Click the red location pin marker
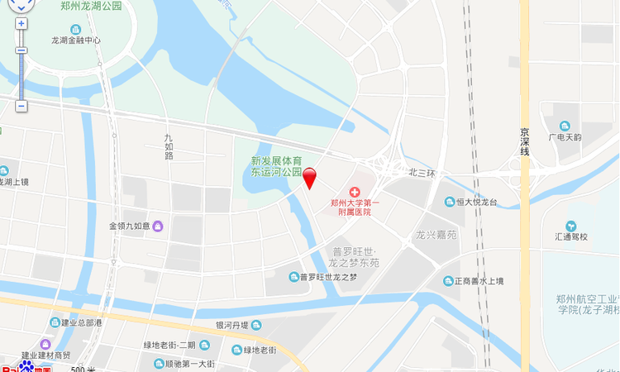click(x=310, y=177)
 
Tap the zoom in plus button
click(x=21, y=23)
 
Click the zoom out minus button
click(x=21, y=106)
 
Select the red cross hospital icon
click(x=355, y=191)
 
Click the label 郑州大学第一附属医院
click(x=355, y=207)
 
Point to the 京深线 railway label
click(x=524, y=141)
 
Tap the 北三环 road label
click(x=422, y=173)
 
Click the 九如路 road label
click(x=169, y=149)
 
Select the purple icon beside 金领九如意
click(x=158, y=226)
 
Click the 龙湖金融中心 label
click(x=76, y=40)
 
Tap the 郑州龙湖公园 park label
click(x=91, y=6)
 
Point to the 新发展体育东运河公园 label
click(x=277, y=166)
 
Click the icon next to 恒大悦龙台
click(x=450, y=202)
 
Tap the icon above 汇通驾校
click(x=570, y=226)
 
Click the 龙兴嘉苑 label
click(x=436, y=235)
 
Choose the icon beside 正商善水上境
click(x=448, y=281)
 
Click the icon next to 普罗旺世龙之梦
click(x=293, y=277)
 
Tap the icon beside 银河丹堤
click(x=256, y=325)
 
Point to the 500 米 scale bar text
click(x=83, y=369)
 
